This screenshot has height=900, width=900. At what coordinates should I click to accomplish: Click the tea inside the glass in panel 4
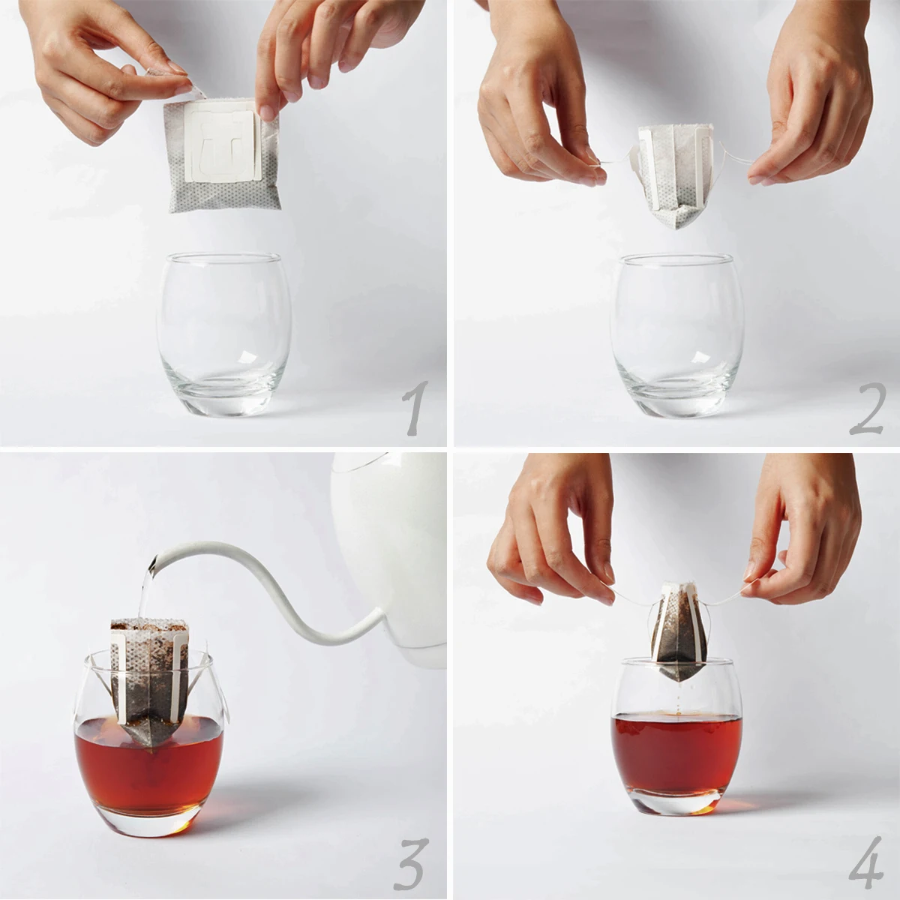(676, 750)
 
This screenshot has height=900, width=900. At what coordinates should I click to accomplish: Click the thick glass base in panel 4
(676, 802)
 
